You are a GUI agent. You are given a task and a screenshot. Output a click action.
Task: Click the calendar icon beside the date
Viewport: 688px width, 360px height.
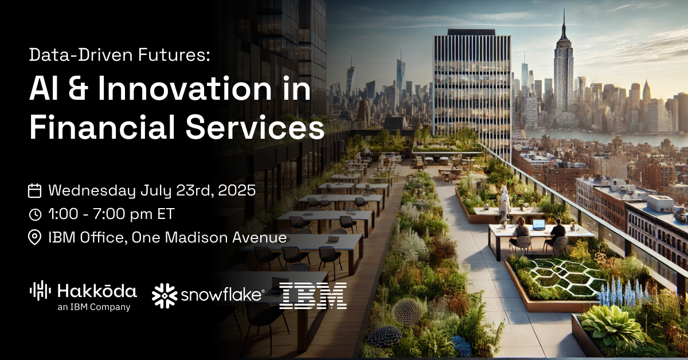click(35, 190)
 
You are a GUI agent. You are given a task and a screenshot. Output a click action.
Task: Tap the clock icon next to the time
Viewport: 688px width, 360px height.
click(35, 214)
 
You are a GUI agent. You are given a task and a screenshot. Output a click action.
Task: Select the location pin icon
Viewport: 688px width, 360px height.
click(35, 238)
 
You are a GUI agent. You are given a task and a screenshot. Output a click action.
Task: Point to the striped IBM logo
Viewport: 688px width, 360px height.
click(313, 296)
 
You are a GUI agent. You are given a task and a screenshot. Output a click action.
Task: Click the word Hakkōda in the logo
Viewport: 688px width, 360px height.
click(97, 291)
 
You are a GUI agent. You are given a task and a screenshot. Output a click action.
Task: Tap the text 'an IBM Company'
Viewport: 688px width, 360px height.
click(94, 307)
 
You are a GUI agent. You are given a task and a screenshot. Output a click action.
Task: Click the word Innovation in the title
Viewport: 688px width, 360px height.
click(185, 89)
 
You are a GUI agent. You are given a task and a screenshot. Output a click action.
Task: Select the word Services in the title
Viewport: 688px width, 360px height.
click(255, 127)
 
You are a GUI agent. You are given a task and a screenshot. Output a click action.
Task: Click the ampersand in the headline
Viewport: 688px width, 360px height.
click(78, 89)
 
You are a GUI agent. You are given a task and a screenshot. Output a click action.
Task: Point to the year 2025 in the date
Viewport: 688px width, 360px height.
click(237, 190)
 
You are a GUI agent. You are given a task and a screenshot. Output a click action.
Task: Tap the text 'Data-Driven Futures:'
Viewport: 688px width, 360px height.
click(120, 55)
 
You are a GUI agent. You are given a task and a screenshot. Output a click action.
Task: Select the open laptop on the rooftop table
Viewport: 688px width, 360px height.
click(538, 225)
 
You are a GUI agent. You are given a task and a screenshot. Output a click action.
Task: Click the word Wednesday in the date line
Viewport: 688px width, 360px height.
click(92, 191)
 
